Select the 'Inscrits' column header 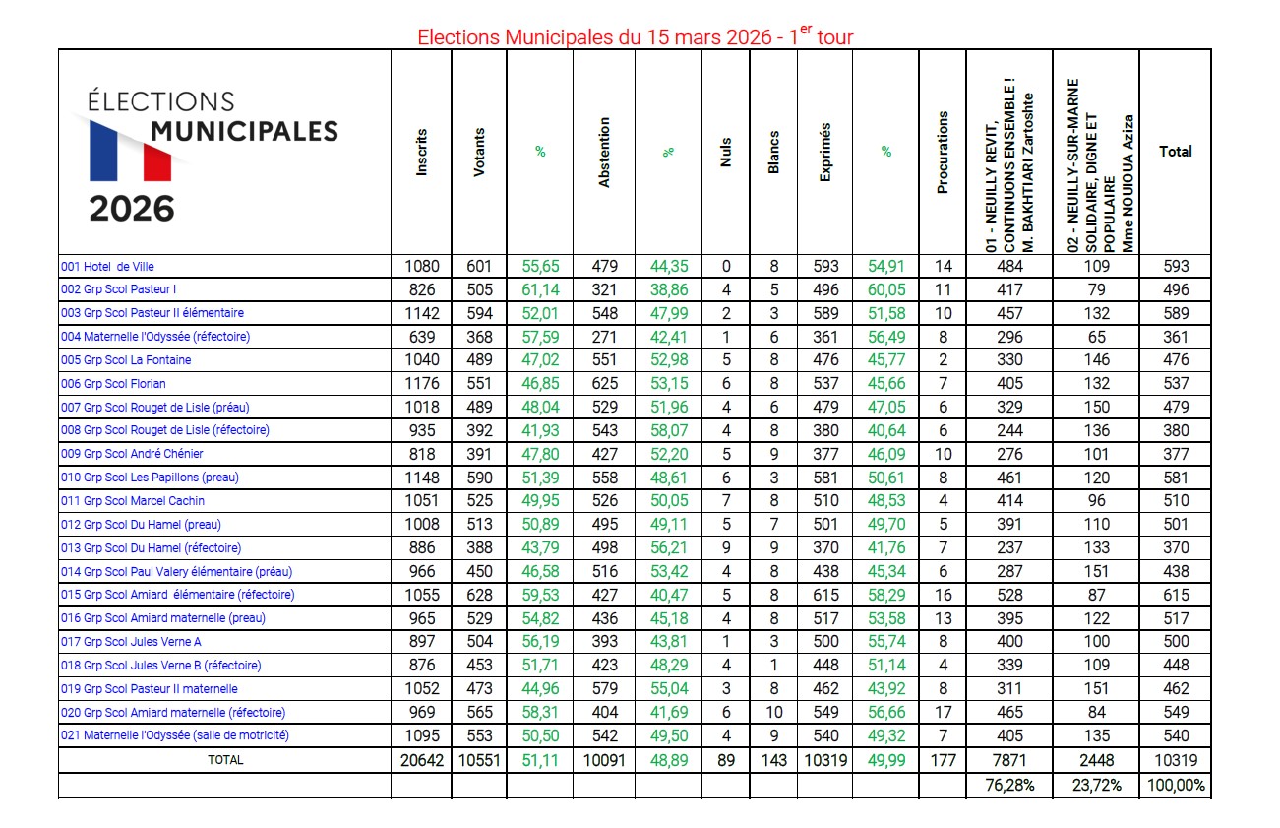coord(422,152)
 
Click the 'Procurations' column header coord(943,152)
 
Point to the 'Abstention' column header coord(604,152)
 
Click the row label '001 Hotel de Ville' coord(107,267)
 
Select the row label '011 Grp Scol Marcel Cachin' coord(133,501)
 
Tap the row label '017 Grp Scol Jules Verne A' coord(130,642)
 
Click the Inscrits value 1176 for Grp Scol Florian coord(422,384)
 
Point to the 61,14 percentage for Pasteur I coord(540,290)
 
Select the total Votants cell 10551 coord(479,760)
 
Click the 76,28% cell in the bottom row coord(1008,786)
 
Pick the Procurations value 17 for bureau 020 coord(943,713)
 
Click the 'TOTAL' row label coord(224,760)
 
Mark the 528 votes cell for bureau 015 coord(1008,595)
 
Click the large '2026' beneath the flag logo coord(132,209)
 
